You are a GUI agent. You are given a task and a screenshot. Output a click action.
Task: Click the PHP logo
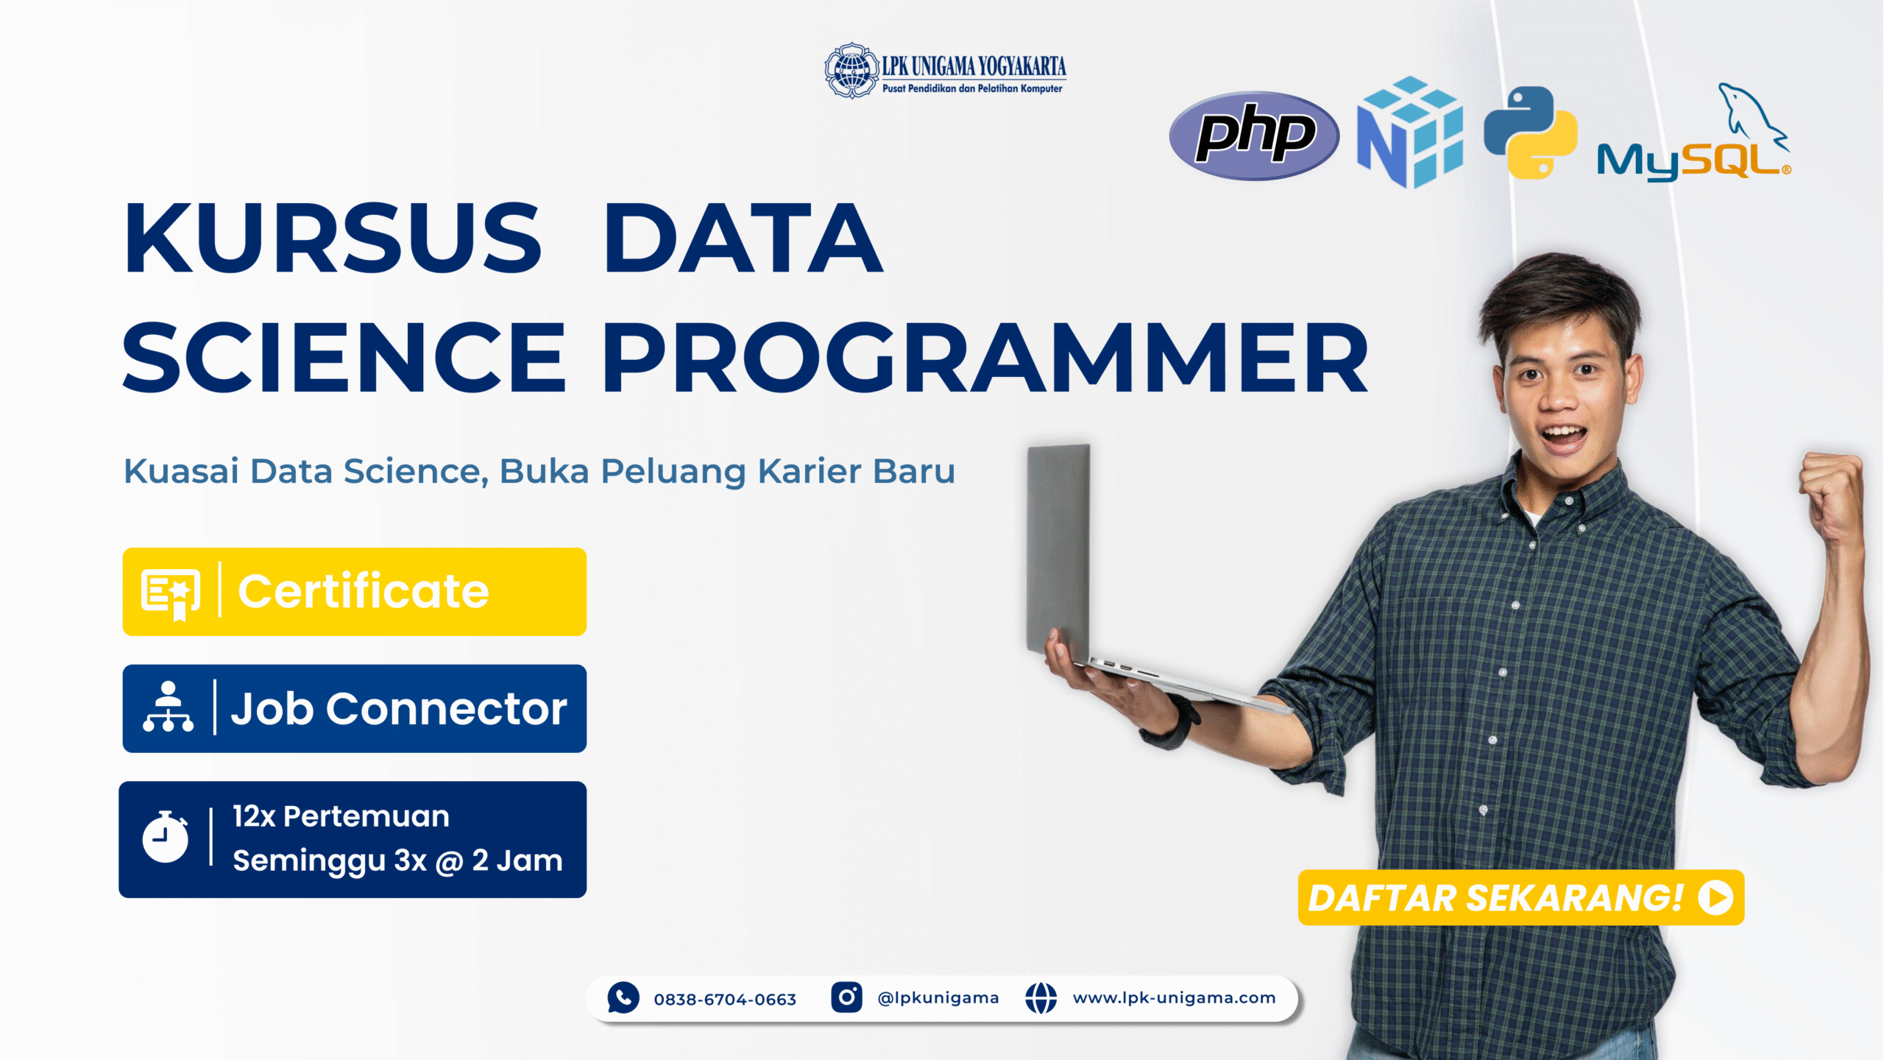1254,135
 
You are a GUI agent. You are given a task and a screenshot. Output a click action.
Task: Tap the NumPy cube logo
1410,132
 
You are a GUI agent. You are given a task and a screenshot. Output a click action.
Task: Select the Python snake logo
1531,132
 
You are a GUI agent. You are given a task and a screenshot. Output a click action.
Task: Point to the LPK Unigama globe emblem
851,70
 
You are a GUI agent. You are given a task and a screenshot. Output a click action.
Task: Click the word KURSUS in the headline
333,238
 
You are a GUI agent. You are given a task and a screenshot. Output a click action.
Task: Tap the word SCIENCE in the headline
344,357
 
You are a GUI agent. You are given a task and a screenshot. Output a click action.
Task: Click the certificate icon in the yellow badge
171,594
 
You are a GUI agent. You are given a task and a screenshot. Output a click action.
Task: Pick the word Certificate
364,591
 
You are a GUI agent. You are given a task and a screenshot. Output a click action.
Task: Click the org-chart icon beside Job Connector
169,707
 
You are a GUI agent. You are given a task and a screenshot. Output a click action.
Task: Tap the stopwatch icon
166,837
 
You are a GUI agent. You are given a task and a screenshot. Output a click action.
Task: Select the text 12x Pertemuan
341,816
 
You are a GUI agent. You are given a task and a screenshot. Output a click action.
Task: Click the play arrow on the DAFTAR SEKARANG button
1715,898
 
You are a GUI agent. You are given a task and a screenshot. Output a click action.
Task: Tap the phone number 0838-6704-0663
725,999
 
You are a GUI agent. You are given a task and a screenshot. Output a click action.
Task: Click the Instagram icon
846,997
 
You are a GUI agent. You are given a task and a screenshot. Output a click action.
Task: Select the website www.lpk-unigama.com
1174,997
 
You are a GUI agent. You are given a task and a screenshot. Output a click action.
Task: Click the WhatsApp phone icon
623,997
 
